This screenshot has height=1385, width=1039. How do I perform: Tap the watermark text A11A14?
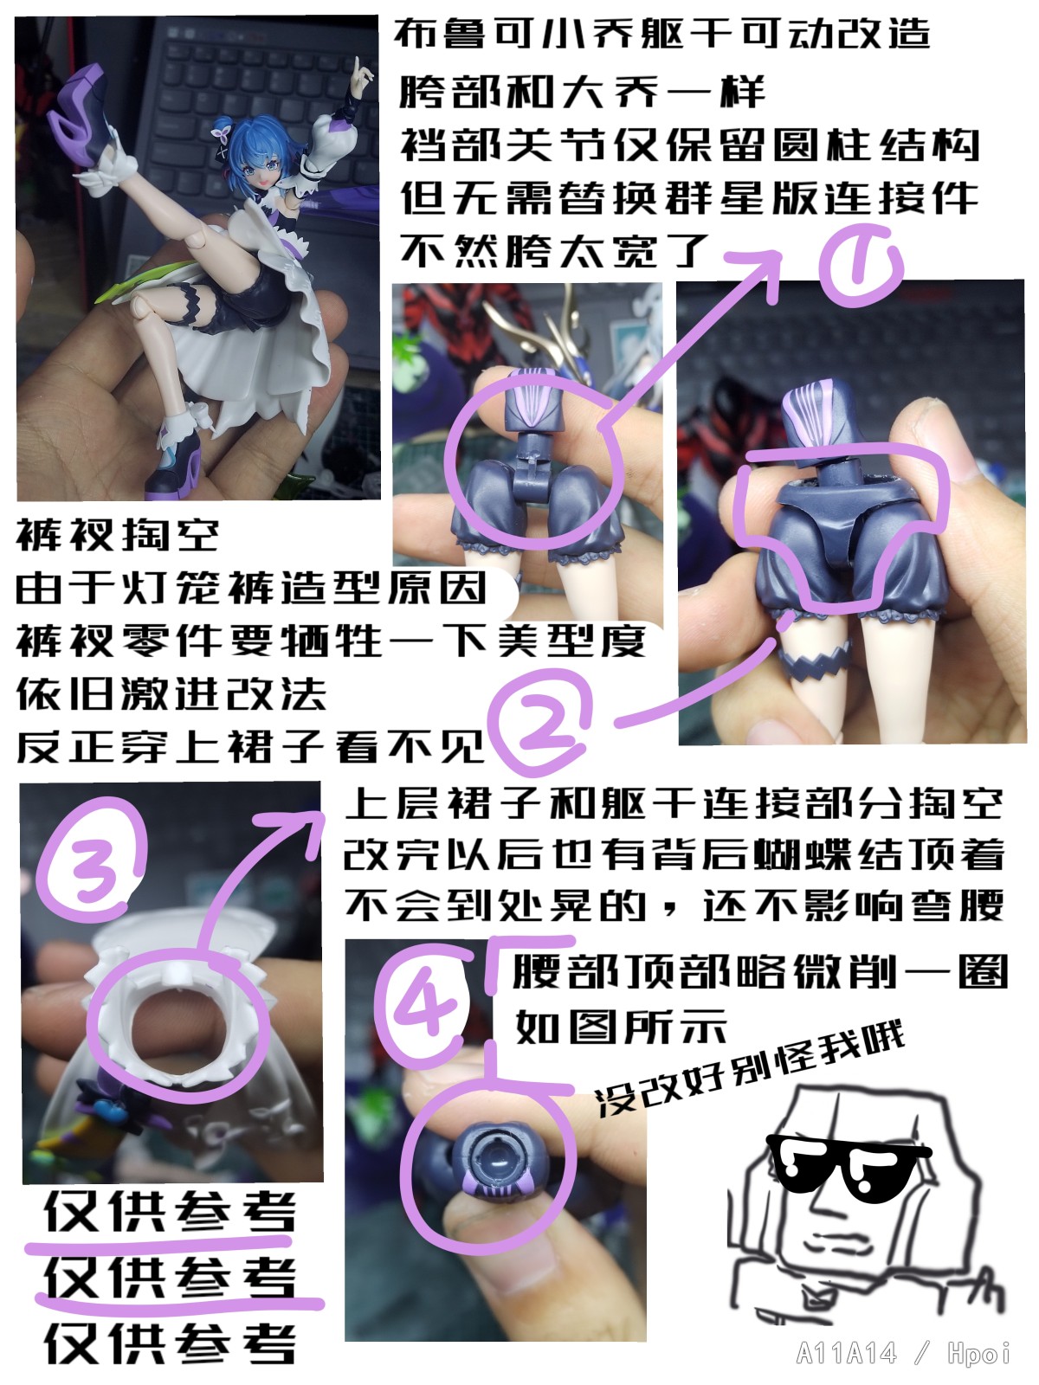847,1353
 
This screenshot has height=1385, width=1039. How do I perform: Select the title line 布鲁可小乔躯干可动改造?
661,34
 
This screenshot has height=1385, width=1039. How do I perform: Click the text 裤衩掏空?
118,536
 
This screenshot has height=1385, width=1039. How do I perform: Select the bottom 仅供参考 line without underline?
170,1342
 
